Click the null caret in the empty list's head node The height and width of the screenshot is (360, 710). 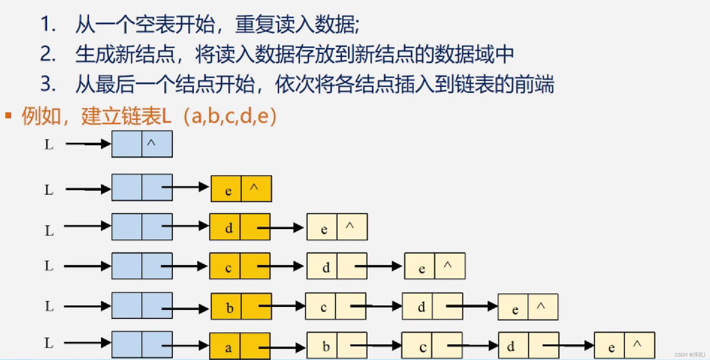tap(151, 143)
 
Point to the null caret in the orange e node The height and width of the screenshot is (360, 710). tap(254, 187)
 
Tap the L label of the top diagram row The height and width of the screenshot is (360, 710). tap(49, 145)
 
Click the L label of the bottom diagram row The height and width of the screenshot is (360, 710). tap(49, 343)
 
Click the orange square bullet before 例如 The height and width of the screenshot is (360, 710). tap(9, 115)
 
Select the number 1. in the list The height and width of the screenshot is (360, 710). tap(48, 24)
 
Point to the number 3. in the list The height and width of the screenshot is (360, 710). tap(48, 83)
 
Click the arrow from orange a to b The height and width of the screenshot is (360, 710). tap(281, 347)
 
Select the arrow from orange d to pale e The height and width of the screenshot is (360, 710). tap(280, 228)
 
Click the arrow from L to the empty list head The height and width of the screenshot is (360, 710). tap(88, 144)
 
